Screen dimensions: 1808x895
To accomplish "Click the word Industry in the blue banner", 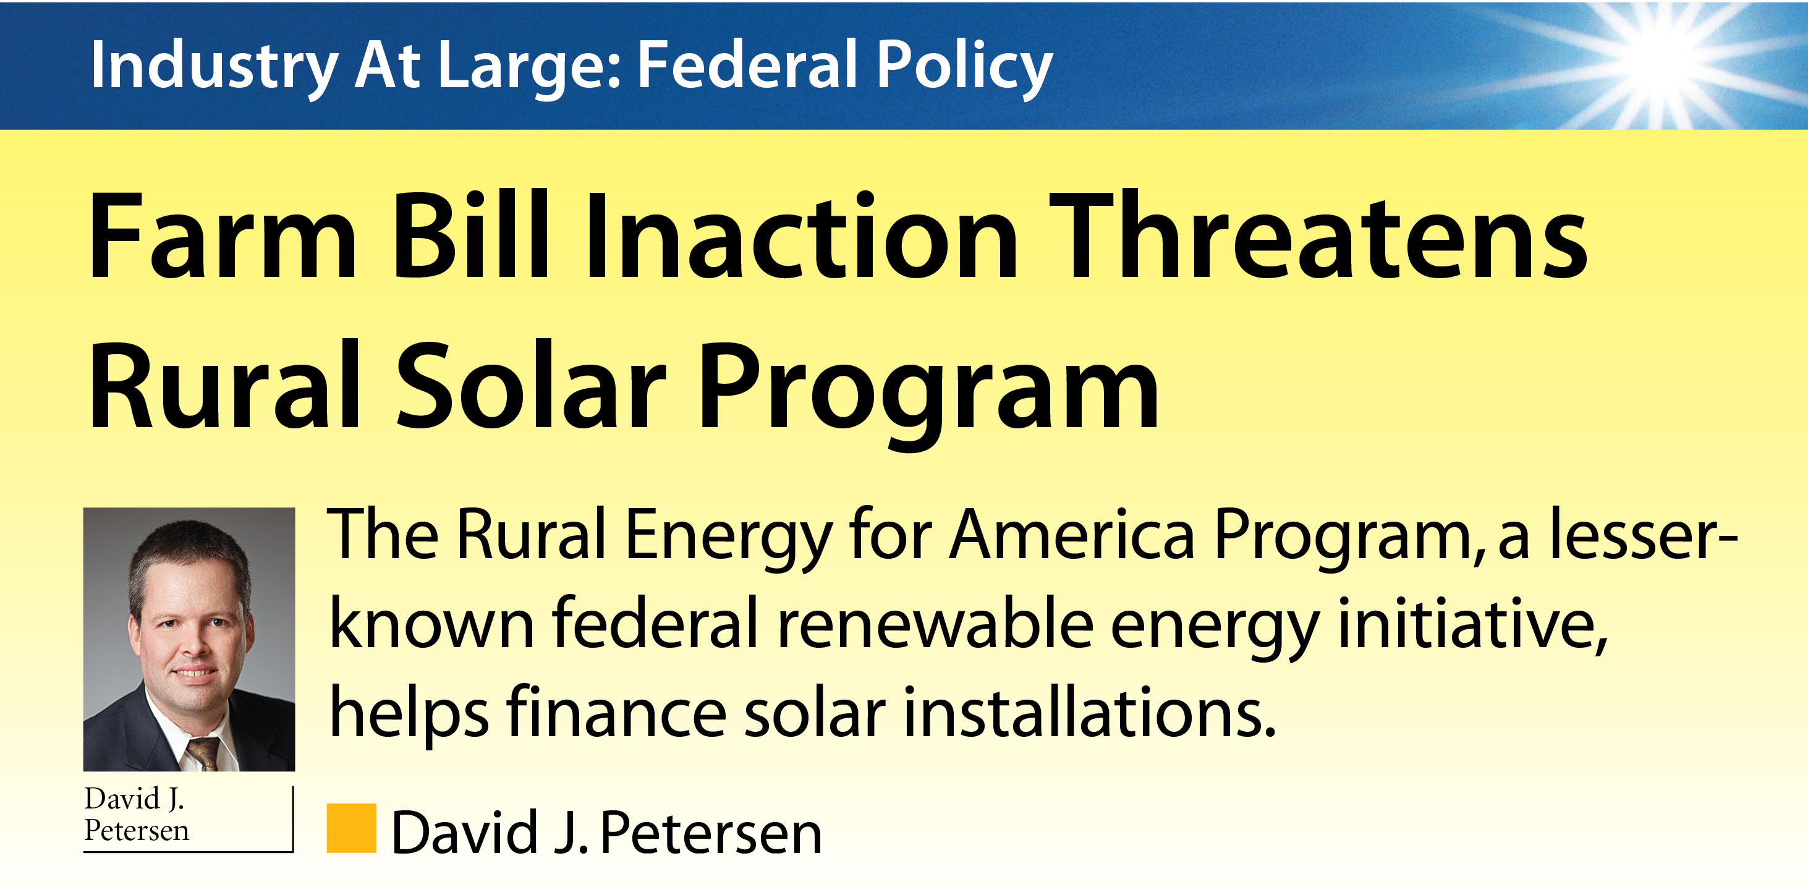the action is point(214,67).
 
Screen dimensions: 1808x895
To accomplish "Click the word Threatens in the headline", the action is point(1319,235).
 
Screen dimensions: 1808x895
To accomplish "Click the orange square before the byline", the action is point(351,828).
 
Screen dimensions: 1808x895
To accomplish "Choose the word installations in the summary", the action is point(1089,713).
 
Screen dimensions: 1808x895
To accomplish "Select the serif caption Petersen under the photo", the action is point(136,831).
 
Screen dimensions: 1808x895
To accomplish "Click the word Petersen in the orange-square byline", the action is point(711,833).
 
